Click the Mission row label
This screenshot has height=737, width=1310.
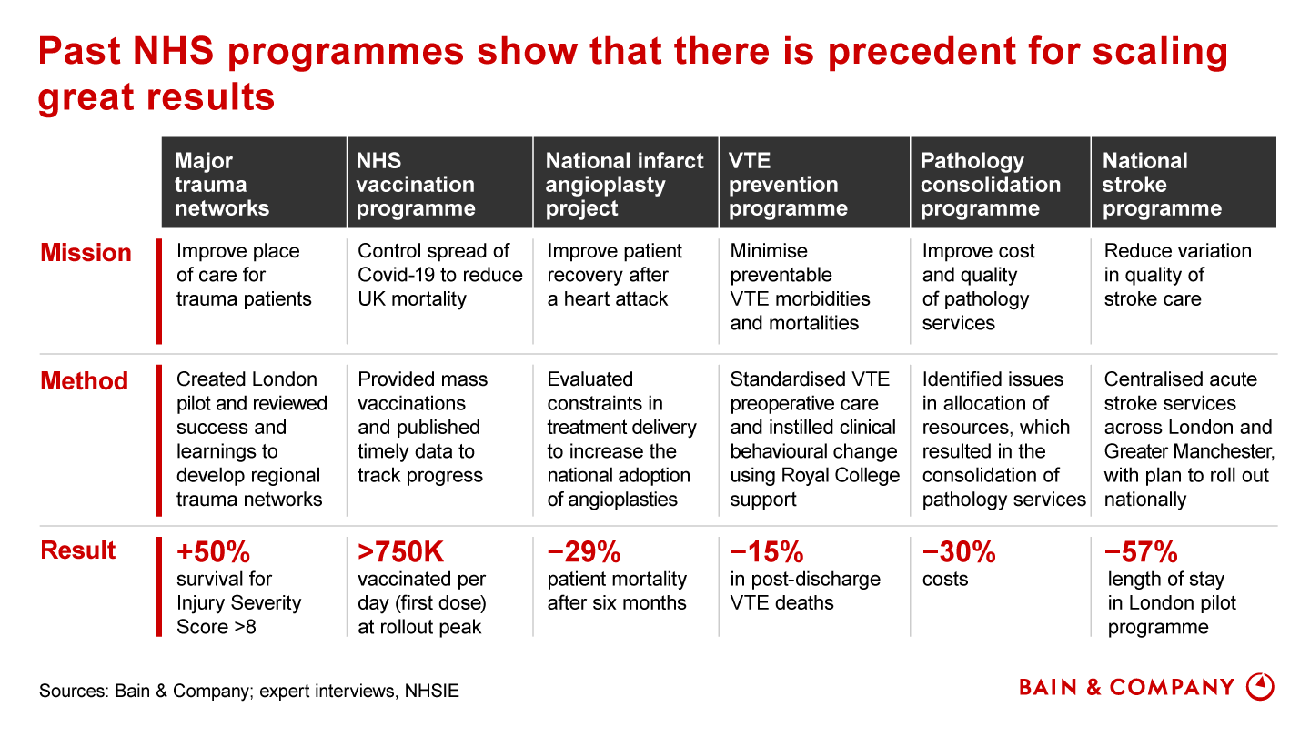click(x=86, y=253)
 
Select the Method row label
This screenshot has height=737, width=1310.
click(x=85, y=381)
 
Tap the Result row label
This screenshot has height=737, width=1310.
click(x=78, y=550)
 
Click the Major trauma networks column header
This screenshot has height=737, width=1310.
click(x=222, y=185)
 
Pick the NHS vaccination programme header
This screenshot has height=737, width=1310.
click(x=415, y=185)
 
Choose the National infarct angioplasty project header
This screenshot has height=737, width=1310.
click(x=624, y=185)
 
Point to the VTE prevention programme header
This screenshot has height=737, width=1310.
click(x=788, y=185)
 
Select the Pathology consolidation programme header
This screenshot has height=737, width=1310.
click(x=990, y=185)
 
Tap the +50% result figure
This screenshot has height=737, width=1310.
click(x=213, y=551)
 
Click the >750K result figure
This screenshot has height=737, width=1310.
click(x=401, y=551)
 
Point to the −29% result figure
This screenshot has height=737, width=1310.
click(x=583, y=551)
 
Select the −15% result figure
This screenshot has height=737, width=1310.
click(x=767, y=551)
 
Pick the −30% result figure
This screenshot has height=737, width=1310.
click(x=959, y=551)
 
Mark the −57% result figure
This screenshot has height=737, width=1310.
click(x=1141, y=551)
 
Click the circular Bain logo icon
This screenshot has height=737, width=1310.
click(x=1259, y=686)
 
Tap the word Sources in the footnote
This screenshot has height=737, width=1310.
click(x=72, y=692)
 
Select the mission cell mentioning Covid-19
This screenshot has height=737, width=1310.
click(x=440, y=275)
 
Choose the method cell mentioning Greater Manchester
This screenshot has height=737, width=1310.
click(x=1188, y=439)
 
